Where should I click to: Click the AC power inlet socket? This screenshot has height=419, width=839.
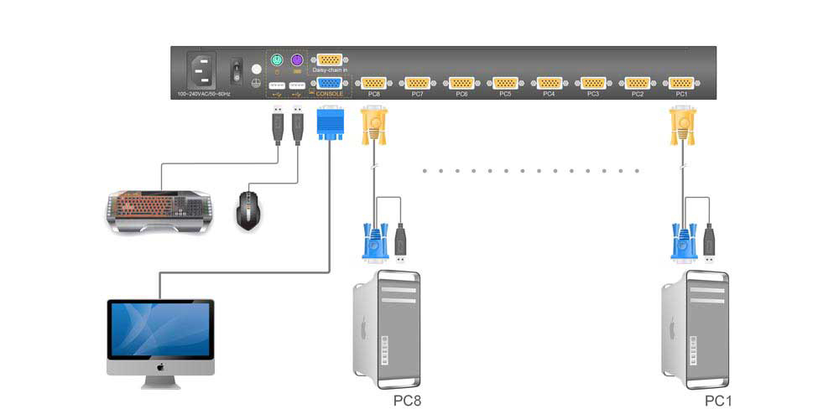pos(201,71)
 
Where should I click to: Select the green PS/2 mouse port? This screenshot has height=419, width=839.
pos(276,61)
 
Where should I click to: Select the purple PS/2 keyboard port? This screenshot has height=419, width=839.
pos(296,61)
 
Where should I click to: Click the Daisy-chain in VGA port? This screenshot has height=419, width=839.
pos(330,60)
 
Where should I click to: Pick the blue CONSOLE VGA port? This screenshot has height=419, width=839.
pos(330,83)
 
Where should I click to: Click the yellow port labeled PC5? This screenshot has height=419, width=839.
pos(505,83)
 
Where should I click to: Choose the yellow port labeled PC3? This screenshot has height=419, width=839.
pos(593,83)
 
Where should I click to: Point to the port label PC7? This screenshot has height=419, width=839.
pos(417,95)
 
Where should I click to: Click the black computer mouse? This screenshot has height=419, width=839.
pos(248,209)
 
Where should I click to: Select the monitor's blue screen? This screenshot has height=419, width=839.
pos(161,330)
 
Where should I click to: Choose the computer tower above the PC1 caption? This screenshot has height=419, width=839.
pos(696,327)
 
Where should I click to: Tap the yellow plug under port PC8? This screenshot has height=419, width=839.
pos(373,127)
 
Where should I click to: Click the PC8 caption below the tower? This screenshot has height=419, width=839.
pos(407,401)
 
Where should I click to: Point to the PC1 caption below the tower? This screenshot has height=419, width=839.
pos(719,401)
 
